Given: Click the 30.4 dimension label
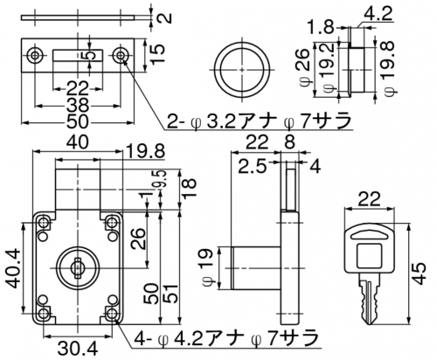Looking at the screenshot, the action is pyautogui.click(x=78, y=348).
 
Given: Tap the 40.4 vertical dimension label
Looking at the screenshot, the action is pyautogui.click(x=13, y=268).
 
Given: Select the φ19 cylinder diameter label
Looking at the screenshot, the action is pyautogui.click(x=211, y=267).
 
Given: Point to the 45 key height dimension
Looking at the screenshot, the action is pyautogui.click(x=419, y=273).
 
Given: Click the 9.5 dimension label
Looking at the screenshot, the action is pyautogui.click(x=162, y=180).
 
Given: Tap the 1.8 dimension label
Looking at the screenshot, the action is pyautogui.click(x=321, y=28).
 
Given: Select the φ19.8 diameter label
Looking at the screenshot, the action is pyautogui.click(x=389, y=67).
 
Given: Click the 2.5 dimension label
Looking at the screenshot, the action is pyautogui.click(x=253, y=167).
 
